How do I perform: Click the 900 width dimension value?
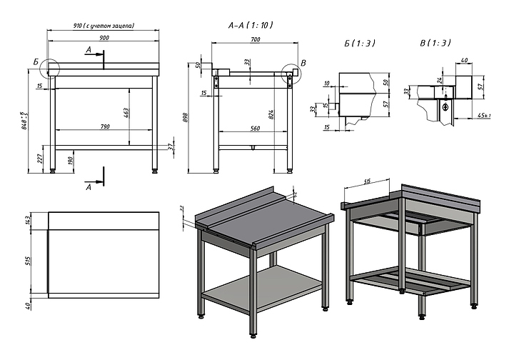pyautogui.click(x=104, y=37)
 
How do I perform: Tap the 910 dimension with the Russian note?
pyautogui.click(x=104, y=26)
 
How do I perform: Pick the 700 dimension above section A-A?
pyautogui.click(x=255, y=40)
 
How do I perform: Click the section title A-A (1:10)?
pyautogui.click(x=251, y=25)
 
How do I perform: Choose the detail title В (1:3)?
pyautogui.click(x=435, y=44)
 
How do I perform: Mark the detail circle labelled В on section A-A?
pyautogui.click(x=291, y=73)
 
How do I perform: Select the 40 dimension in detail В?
pyautogui.click(x=464, y=61)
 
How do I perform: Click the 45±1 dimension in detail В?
pyautogui.click(x=483, y=115)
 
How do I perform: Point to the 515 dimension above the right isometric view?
pyautogui.click(x=368, y=183)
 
